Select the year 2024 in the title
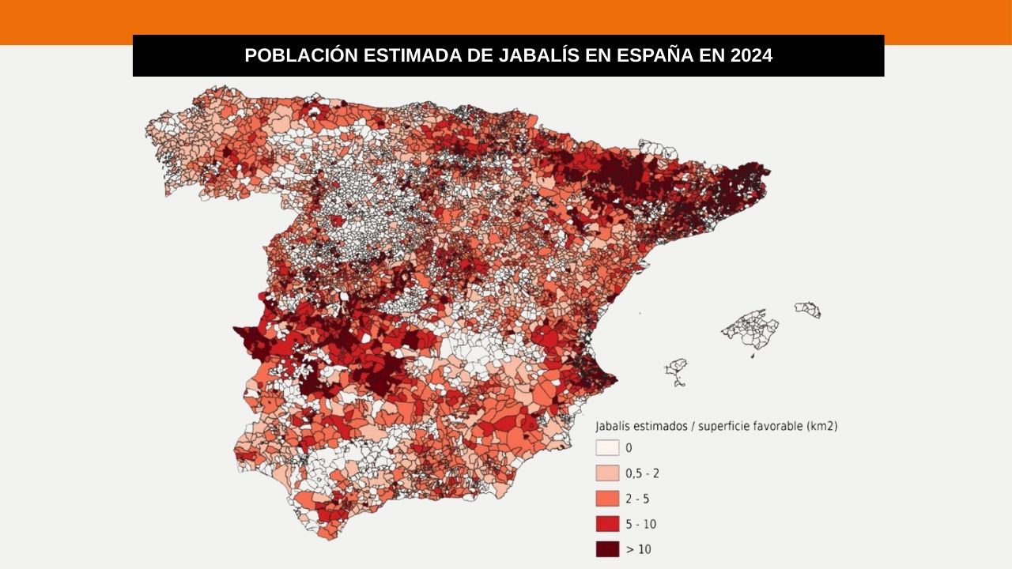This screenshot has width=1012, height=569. (x=751, y=56)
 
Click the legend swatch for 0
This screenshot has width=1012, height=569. (x=607, y=448)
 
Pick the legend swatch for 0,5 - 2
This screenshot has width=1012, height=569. (x=607, y=473)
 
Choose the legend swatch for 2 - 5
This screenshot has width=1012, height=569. (x=607, y=499)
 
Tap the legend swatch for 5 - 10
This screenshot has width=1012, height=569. (x=607, y=524)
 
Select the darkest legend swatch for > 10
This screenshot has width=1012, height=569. (x=607, y=549)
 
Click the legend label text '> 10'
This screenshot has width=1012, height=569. (x=638, y=549)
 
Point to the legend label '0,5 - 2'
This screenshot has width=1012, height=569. (x=642, y=473)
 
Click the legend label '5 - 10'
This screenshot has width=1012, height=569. (x=640, y=524)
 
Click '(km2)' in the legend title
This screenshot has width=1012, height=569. (x=821, y=426)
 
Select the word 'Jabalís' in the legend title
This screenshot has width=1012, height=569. (x=614, y=426)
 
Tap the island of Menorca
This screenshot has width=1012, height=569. (x=808, y=309)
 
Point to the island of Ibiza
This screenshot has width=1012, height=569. (x=676, y=368)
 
